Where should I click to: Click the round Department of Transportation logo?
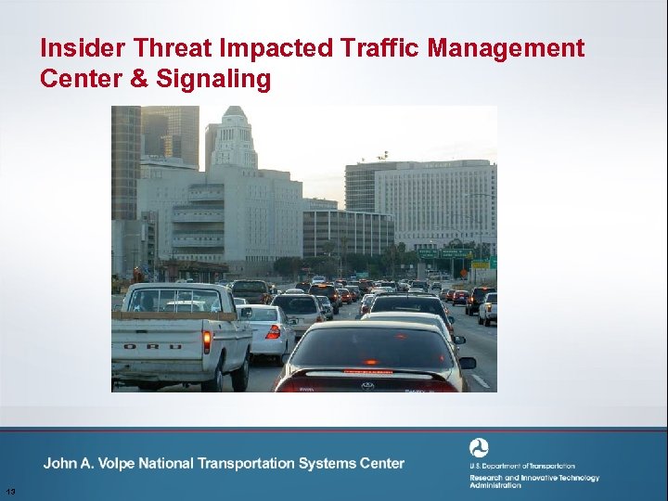pos(479,448)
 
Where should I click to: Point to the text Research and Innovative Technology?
pos(533,478)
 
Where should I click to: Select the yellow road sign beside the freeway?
pos(480,264)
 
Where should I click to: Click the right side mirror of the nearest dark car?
pos(467,363)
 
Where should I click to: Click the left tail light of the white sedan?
pos(272,331)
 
